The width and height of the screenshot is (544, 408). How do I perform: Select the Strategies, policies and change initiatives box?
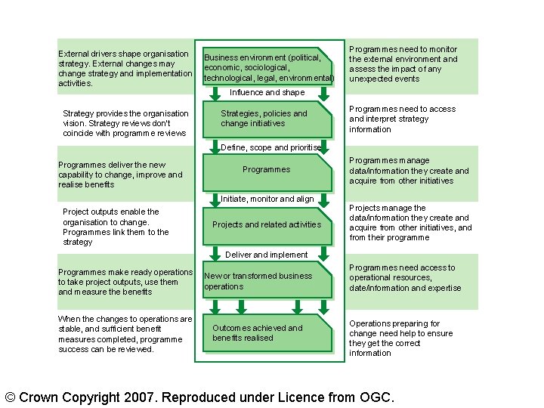[264, 119]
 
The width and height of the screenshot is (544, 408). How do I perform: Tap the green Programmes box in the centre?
[266, 170]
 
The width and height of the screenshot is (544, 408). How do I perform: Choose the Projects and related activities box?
[266, 224]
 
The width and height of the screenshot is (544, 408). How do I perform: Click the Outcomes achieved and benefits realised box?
[266, 333]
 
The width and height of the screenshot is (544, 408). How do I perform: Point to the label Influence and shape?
[267, 92]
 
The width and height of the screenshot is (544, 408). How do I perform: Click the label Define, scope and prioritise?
[271, 147]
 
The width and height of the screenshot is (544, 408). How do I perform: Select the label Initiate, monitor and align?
[267, 199]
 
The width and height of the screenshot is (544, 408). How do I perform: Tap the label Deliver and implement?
[267, 255]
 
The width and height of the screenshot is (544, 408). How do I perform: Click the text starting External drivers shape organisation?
[125, 69]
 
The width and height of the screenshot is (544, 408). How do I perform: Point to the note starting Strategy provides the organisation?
[125, 123]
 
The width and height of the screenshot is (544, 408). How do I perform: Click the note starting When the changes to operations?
[125, 334]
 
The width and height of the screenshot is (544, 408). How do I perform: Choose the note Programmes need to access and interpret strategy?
[402, 119]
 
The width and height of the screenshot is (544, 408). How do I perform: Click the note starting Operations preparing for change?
[400, 338]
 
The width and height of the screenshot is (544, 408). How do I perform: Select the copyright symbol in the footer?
[11, 397]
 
